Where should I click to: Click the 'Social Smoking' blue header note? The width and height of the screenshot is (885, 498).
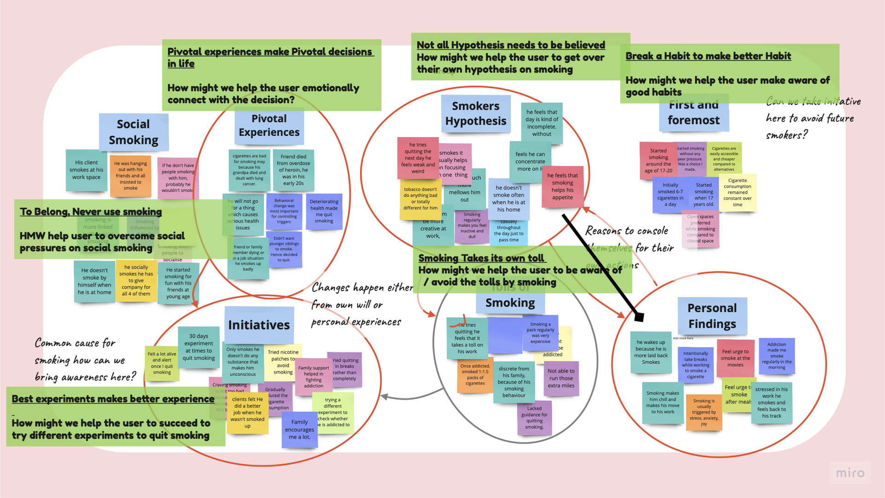[133, 132]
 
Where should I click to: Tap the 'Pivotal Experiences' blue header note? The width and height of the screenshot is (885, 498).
[269, 125]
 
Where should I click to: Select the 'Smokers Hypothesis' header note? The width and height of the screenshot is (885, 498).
[475, 113]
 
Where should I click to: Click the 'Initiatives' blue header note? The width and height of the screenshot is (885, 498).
[259, 325]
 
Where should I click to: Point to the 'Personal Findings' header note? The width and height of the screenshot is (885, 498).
[712, 315]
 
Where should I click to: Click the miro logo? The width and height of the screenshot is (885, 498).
[850, 473]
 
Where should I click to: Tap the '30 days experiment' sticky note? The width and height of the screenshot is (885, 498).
[199, 347]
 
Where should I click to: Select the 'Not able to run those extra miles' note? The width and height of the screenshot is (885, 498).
[561, 378]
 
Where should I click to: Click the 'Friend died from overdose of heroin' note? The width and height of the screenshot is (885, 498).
[293, 170]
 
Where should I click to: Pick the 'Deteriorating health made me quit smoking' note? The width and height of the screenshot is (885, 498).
[324, 211]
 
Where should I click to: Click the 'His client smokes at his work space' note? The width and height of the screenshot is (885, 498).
[86, 170]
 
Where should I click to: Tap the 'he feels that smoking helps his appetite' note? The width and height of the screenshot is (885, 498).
[562, 186]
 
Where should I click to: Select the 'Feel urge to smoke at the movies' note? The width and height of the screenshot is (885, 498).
[735, 358]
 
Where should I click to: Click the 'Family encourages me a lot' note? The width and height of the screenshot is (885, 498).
[299, 429]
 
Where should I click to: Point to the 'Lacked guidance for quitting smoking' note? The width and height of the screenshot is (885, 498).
[534, 418]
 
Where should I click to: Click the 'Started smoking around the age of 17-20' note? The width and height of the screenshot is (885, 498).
[658, 160]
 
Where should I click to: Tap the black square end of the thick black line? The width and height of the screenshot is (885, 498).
[639, 317]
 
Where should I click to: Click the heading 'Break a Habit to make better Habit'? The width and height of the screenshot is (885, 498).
[708, 56]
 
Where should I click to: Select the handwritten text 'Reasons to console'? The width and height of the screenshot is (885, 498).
[626, 231]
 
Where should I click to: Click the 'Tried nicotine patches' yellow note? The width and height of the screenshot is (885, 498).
[283, 362]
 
